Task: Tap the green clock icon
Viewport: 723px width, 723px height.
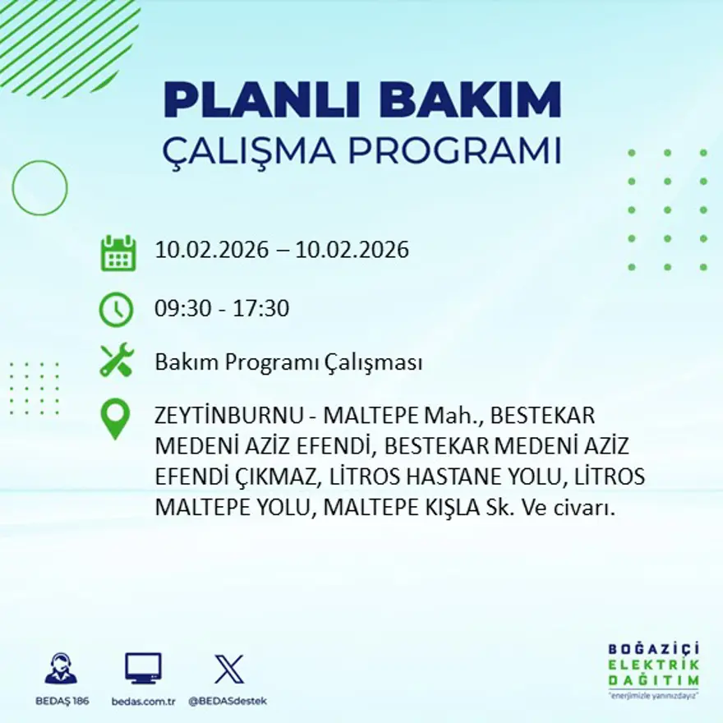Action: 116,309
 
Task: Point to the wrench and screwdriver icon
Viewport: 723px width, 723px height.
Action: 117,361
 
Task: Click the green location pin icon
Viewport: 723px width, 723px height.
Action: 115,418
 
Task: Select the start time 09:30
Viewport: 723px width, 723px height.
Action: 182,309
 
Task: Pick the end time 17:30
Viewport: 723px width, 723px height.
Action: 262,309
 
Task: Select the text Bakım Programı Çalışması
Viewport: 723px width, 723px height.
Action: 288,362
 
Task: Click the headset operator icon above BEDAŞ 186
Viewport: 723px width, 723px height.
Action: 61,669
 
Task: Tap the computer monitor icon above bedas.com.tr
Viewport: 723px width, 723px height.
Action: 143,669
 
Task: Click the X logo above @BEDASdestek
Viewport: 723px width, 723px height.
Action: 228,669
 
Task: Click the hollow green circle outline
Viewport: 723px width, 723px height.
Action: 39,188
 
